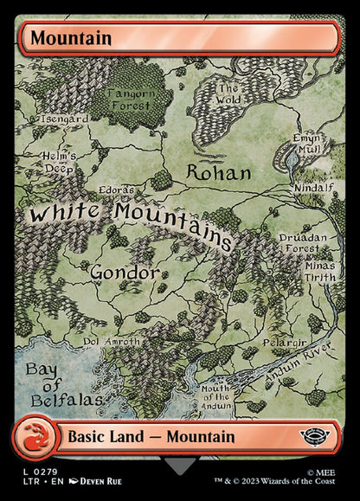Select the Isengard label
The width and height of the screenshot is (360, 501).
point(63,119)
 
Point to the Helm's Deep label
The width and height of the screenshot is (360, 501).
point(60,162)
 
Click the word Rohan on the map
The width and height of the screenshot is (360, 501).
point(219,173)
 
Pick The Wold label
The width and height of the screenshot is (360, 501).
point(228,94)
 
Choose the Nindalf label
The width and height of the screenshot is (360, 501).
point(309,185)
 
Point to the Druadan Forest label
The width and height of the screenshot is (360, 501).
point(299,242)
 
